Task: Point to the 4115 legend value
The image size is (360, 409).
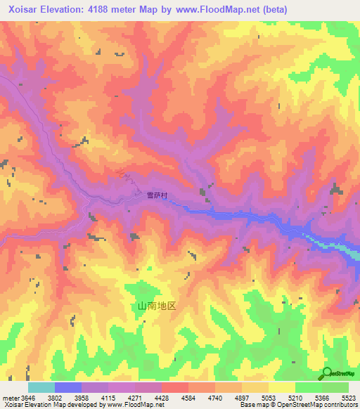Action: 108,397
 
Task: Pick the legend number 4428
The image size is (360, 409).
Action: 162,397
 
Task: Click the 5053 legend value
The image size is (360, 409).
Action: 269,397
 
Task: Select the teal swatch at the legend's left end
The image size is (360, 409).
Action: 41,387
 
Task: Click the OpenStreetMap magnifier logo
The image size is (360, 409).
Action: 328,373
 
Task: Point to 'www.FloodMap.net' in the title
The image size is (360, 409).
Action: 235,9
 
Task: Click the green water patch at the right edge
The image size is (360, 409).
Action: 349,248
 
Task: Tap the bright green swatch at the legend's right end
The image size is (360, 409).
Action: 335,387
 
